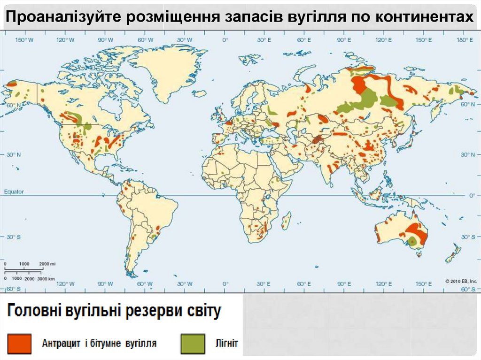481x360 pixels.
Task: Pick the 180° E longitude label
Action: point(465,40)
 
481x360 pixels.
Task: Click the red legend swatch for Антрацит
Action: point(19,344)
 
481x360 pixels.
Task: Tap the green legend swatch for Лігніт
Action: point(193,344)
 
